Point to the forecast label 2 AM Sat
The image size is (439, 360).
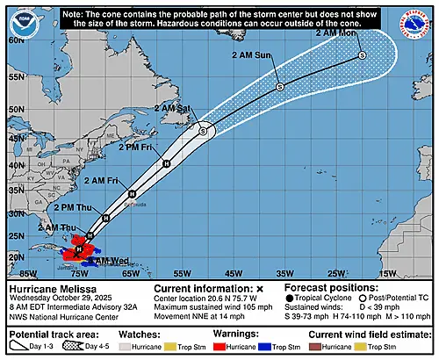coord(173,108)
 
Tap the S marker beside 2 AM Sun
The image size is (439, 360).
coord(280,86)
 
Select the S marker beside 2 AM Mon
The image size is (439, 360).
coord(362,55)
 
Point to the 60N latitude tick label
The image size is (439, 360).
coord(14,40)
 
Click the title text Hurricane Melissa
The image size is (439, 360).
coord(46,288)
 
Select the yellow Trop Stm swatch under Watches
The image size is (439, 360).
coord(174,346)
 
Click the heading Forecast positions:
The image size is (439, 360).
coord(327,288)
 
